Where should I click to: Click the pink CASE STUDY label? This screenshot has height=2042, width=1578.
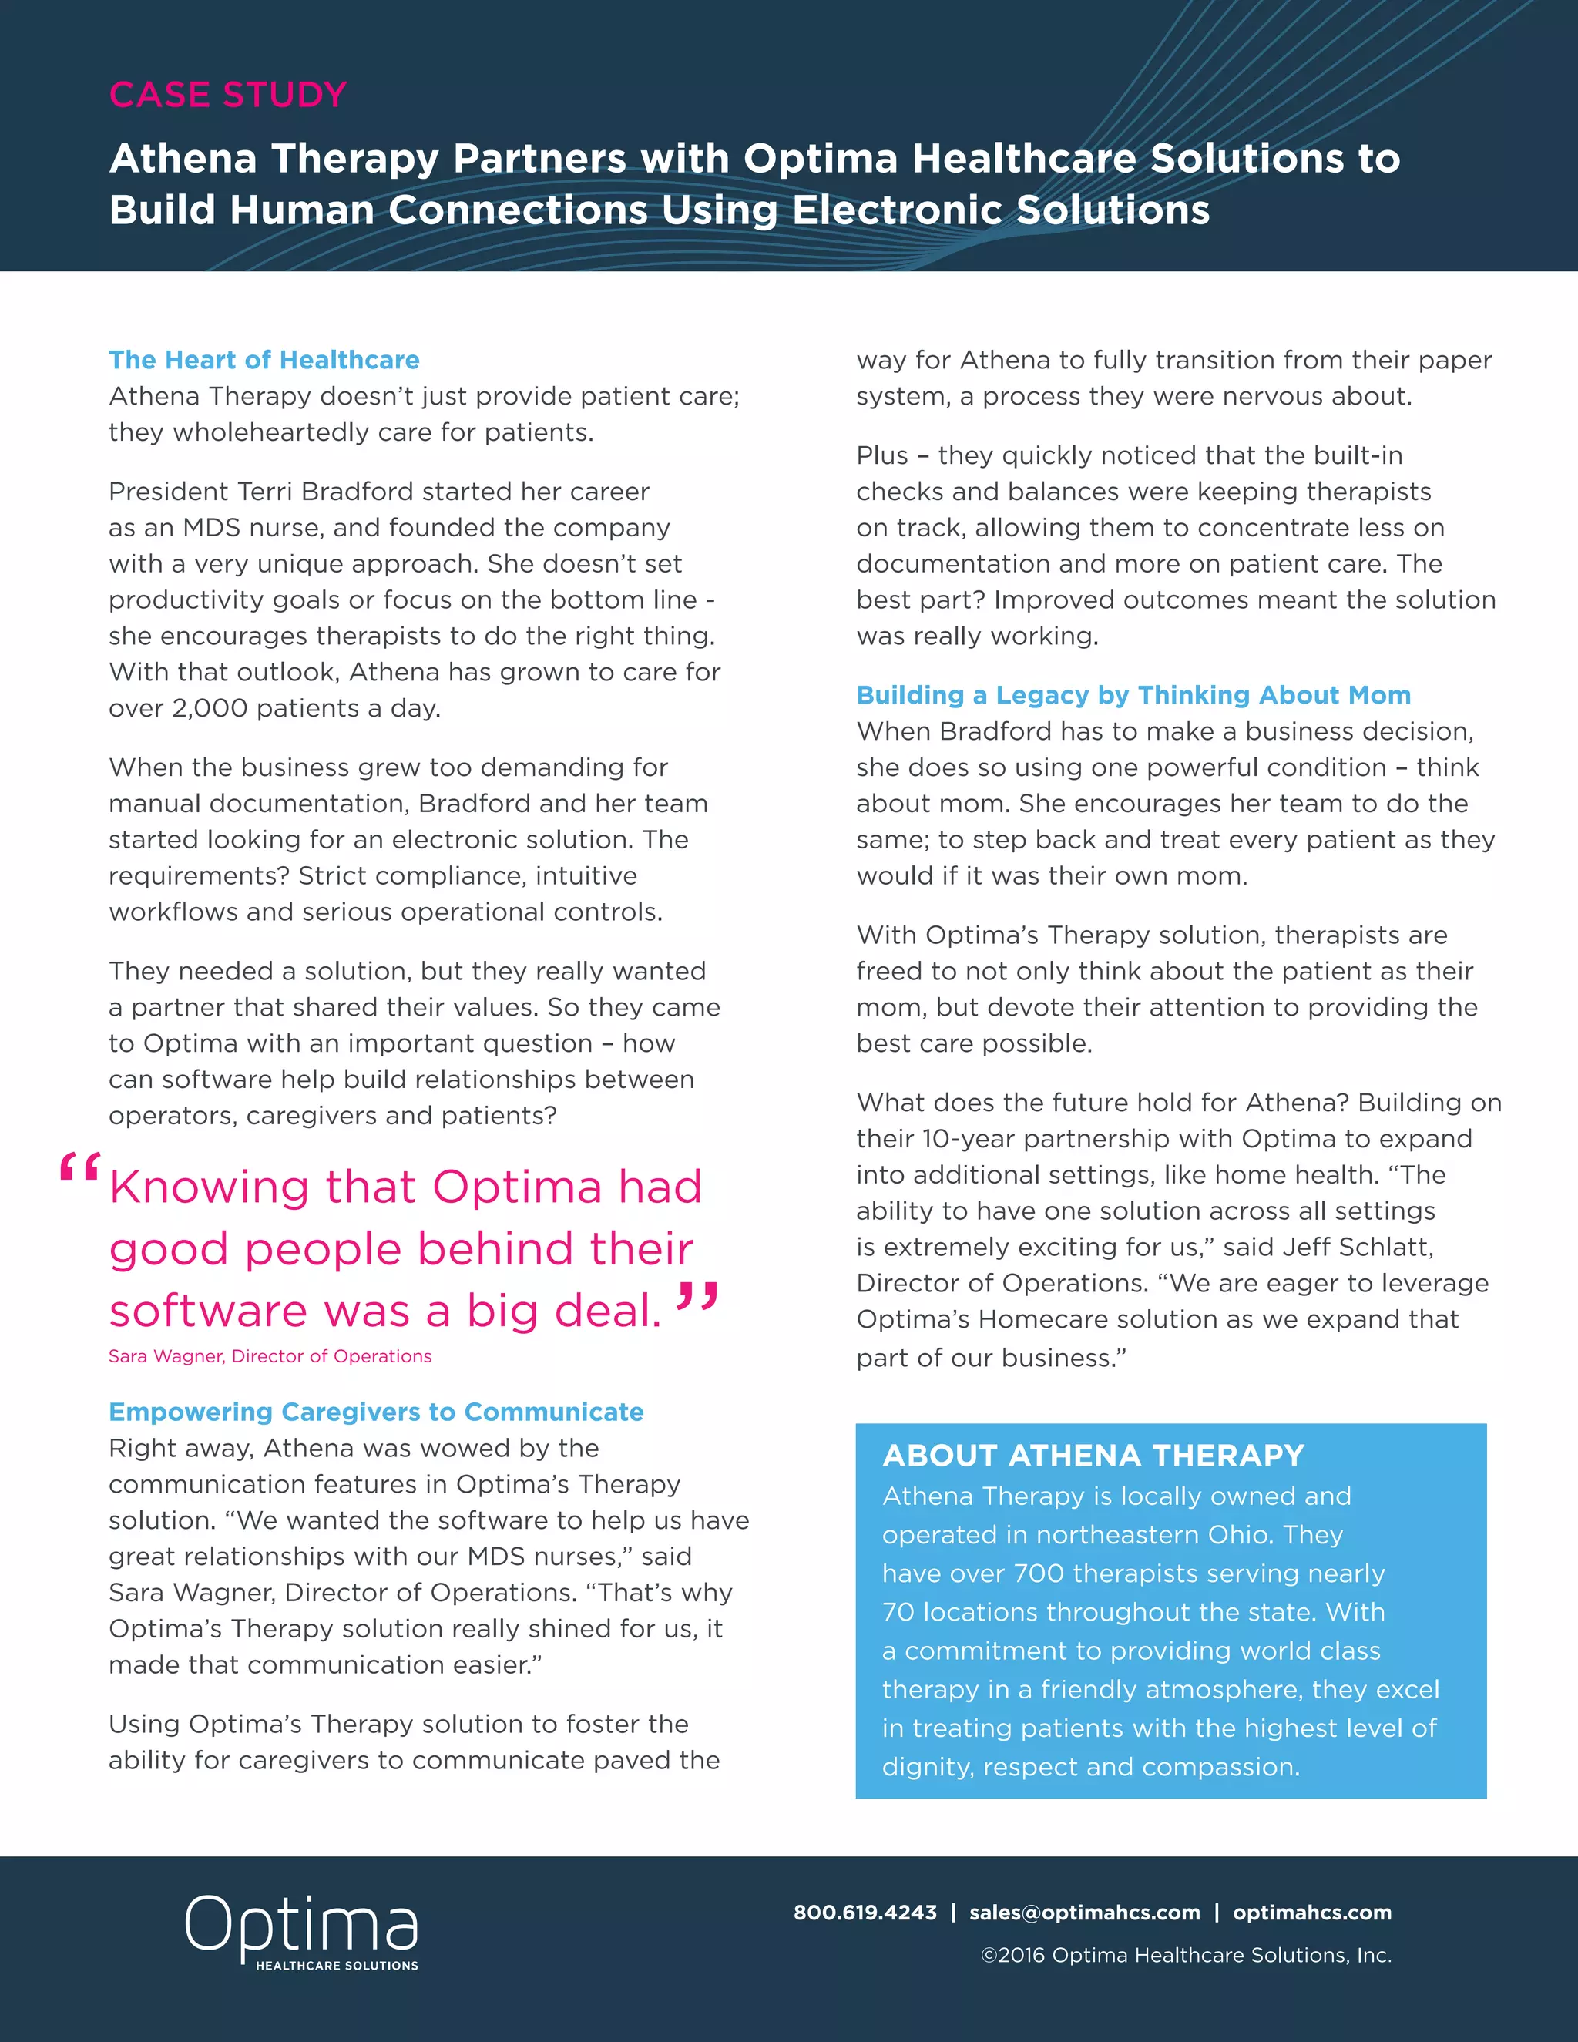pos(228,95)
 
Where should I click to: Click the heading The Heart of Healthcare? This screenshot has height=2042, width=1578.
pos(264,360)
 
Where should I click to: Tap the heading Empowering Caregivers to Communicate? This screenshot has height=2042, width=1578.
pos(376,1412)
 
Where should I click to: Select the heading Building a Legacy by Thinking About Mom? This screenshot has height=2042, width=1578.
pos(1133,695)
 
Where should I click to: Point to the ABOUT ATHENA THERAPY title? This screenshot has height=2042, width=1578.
pos(1093,1456)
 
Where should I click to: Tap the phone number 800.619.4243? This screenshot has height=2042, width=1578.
pos(865,1912)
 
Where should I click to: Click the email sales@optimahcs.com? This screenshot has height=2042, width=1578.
pos(1084,1912)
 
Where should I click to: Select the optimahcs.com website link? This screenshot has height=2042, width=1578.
pos(1311,1912)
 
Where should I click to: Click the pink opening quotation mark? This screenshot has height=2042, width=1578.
pos(79,1170)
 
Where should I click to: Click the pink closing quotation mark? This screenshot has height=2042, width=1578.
pos(697,1298)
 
